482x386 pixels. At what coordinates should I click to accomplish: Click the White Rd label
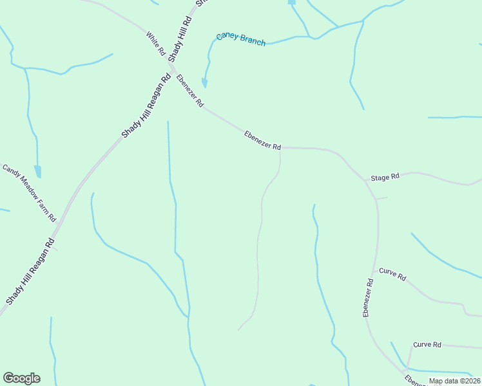[156, 43]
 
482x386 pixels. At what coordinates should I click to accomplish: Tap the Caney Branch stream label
[241, 39]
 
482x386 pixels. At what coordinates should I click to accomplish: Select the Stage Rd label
[385, 176]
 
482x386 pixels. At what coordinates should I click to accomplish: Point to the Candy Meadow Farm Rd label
[30, 192]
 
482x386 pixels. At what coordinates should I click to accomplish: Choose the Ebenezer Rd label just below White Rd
[191, 91]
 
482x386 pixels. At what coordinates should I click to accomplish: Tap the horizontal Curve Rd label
[427, 345]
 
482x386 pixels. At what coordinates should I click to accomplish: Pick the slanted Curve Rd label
[392, 273]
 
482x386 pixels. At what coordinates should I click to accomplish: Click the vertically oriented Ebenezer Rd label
[368, 297]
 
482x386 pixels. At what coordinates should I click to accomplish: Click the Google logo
[21, 378]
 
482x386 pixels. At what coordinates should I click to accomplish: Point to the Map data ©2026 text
[454, 381]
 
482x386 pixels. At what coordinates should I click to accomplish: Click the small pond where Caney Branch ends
[204, 83]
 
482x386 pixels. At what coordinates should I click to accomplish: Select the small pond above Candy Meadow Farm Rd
[38, 172]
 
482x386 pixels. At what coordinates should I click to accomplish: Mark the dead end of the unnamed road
[238, 330]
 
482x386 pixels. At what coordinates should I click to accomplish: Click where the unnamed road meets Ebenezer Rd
[280, 147]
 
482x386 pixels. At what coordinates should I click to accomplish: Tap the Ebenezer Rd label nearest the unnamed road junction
[263, 140]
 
